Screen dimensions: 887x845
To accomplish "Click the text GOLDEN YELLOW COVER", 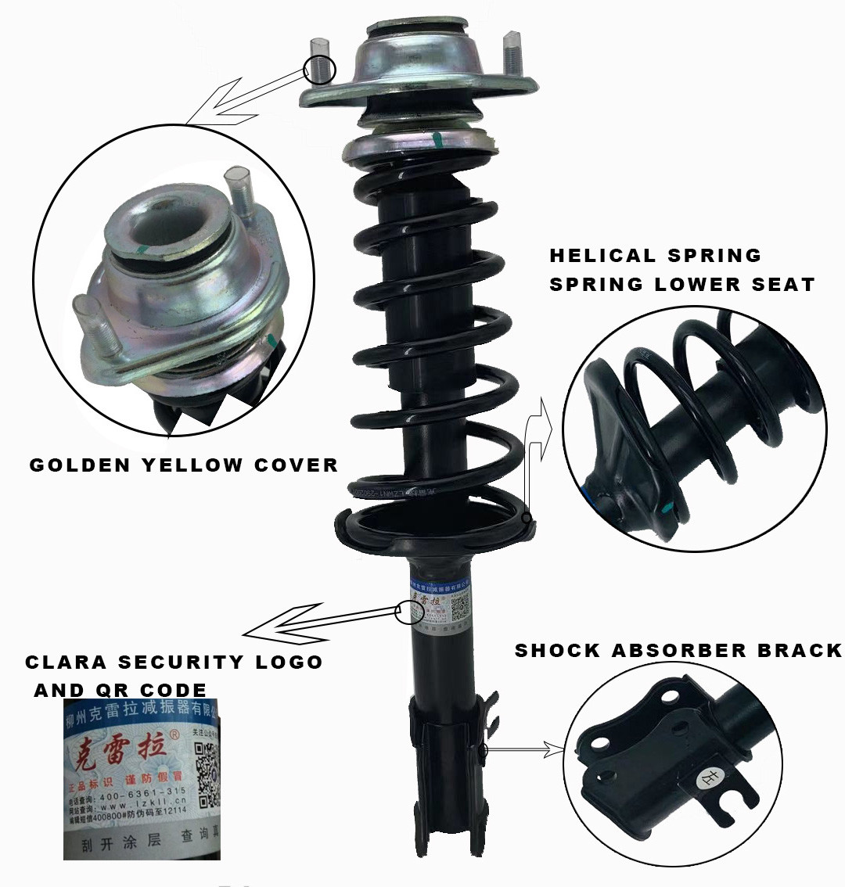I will click(x=183, y=465).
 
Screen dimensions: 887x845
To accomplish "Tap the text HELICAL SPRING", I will click(x=655, y=256).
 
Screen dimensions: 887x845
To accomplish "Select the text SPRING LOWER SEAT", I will click(x=681, y=284).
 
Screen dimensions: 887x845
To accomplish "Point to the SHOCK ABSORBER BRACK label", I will click(x=678, y=651).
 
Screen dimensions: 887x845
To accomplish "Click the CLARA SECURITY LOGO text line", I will click(x=174, y=662).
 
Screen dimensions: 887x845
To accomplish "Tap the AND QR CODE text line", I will click(x=120, y=690).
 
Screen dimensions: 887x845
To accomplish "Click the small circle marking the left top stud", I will click(x=319, y=69).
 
